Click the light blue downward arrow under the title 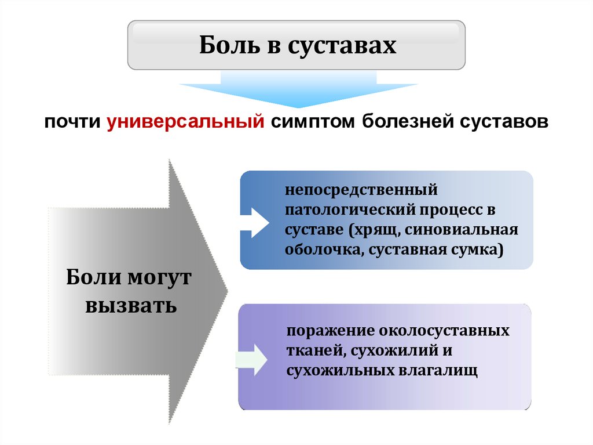pyautogui.click(x=298, y=90)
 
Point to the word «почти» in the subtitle pyautogui.click(x=74, y=123)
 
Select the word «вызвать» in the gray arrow pyautogui.click(x=131, y=304)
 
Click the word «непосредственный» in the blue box pyautogui.click(x=359, y=190)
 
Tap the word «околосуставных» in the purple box pyautogui.click(x=444, y=331)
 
